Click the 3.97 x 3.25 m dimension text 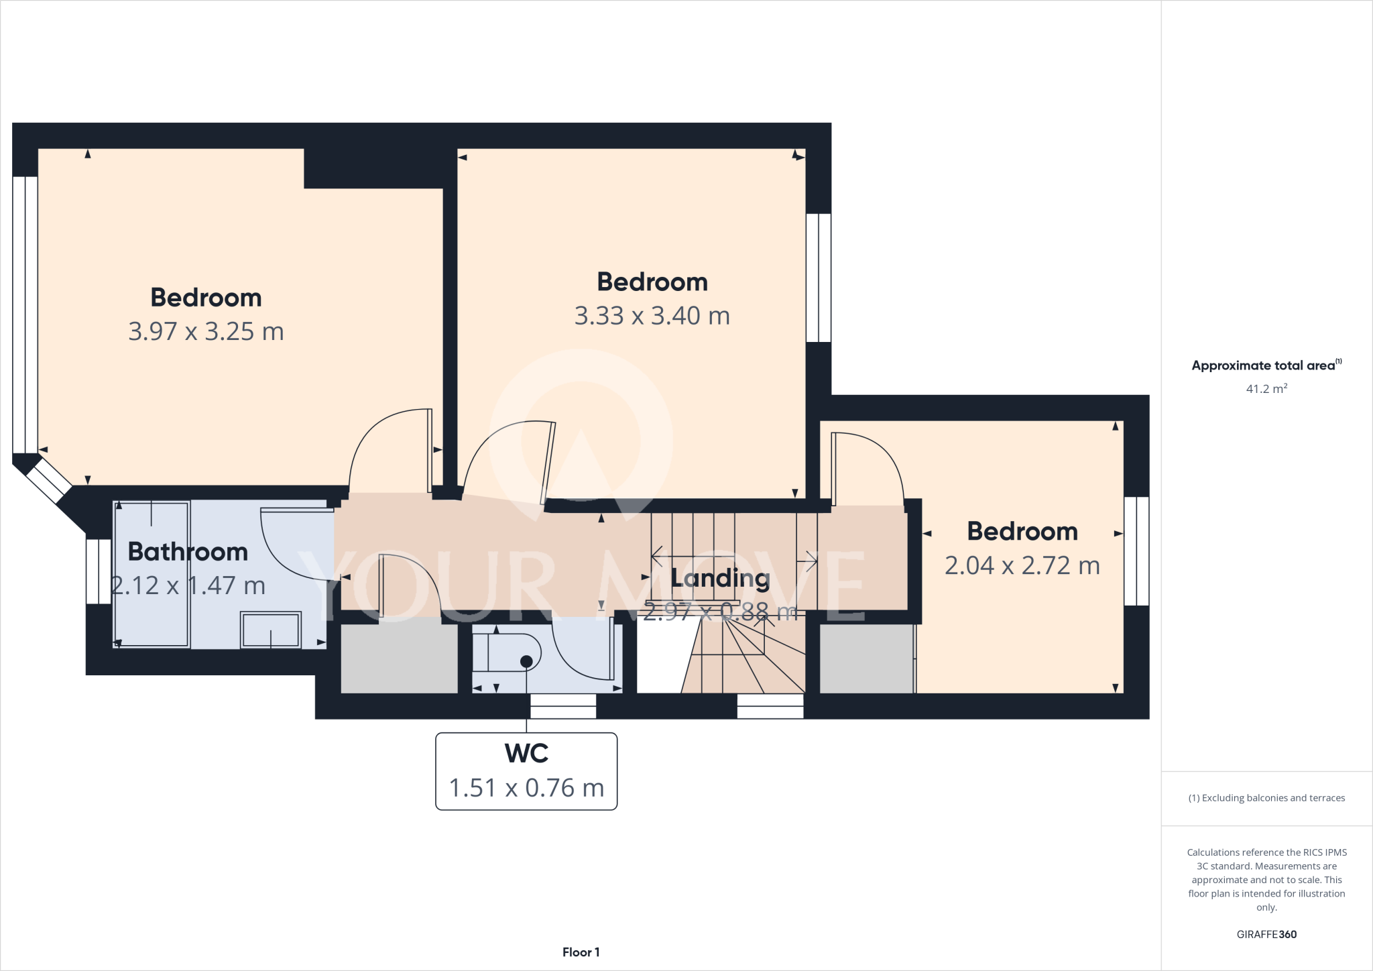click(x=206, y=332)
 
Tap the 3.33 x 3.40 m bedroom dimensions click(x=652, y=316)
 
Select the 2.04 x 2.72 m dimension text click(x=1022, y=566)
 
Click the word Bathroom click(x=188, y=552)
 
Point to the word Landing click(x=720, y=578)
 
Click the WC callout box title click(x=526, y=753)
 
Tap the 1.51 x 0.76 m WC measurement click(x=526, y=788)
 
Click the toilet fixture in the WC click(x=507, y=652)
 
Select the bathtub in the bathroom click(x=152, y=574)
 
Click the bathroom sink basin click(x=271, y=630)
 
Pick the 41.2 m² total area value click(x=1266, y=389)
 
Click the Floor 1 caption click(x=581, y=952)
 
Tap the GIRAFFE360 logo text click(x=1266, y=934)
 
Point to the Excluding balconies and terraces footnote click(x=1266, y=798)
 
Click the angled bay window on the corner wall click(x=49, y=480)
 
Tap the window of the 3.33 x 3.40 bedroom click(x=818, y=278)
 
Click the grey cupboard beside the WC click(x=399, y=659)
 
